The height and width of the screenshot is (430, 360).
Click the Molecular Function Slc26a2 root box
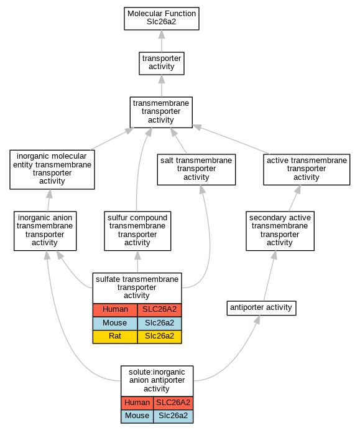point(162,19)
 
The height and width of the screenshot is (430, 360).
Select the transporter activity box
point(162,63)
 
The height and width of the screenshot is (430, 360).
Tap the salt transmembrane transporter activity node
point(196,169)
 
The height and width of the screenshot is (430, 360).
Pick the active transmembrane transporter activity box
point(307,169)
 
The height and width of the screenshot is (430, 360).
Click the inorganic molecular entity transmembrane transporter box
point(52,169)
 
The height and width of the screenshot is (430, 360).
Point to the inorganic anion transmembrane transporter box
point(45,231)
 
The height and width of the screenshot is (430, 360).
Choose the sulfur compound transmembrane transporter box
point(137,231)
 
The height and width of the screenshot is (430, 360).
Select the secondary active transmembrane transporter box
point(280,231)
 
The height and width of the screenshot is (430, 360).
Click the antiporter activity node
point(261,308)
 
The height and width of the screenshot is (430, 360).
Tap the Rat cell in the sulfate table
point(115,337)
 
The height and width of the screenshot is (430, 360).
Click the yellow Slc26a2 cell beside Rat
point(159,337)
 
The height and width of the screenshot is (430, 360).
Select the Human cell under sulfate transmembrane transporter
point(115,310)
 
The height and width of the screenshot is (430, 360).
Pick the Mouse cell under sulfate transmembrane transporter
point(115,324)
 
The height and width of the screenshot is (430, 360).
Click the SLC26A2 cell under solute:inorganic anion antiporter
point(173,403)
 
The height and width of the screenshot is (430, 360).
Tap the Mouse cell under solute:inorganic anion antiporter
point(137,416)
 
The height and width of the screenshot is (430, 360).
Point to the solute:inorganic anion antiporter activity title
point(157,380)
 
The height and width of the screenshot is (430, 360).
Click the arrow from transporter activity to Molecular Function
point(162,41)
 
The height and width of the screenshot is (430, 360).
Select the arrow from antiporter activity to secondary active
point(270,276)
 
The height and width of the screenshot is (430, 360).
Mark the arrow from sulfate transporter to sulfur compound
point(137,261)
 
